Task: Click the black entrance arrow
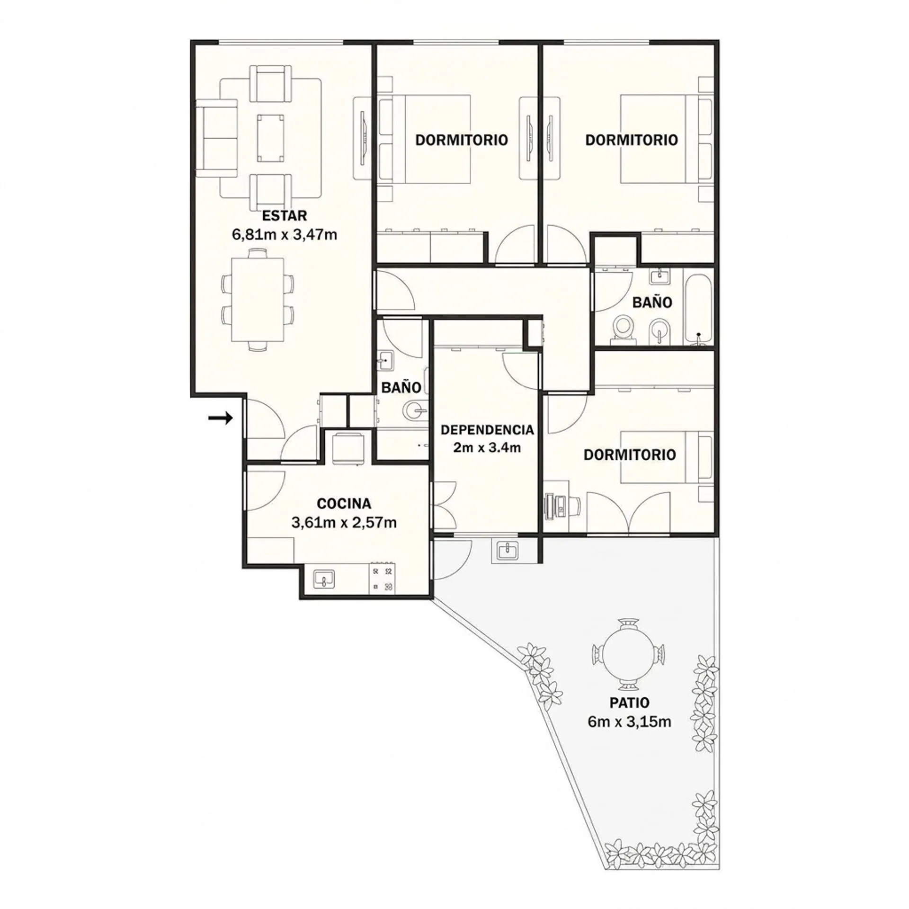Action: click(221, 418)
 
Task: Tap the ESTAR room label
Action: click(284, 216)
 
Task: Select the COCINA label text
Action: click(344, 503)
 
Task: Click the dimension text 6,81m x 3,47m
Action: click(284, 234)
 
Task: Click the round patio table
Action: click(629, 654)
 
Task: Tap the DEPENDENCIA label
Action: click(487, 430)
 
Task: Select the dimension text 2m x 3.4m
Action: click(487, 447)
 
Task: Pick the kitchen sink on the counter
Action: click(324, 578)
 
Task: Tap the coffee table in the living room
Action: click(271, 138)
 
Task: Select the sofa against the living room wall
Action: click(217, 138)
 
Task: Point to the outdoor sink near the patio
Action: click(508, 550)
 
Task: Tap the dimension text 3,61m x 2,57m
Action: click(344, 523)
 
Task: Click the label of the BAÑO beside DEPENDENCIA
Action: click(401, 387)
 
